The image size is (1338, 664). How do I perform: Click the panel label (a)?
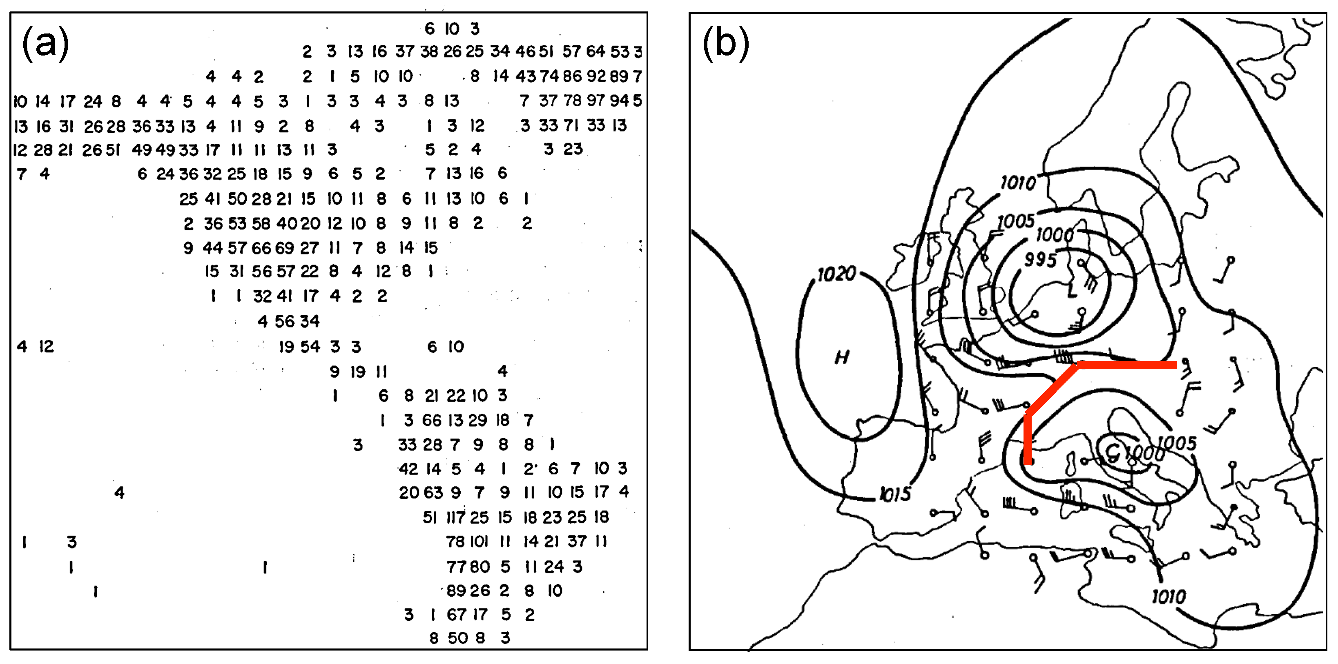pos(45,44)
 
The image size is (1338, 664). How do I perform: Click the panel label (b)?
pos(726,44)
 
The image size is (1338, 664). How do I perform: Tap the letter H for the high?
pos(841,357)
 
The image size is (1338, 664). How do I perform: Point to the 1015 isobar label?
pos(895,494)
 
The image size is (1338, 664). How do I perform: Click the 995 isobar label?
pos(1040,259)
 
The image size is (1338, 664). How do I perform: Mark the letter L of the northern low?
pos(1072,291)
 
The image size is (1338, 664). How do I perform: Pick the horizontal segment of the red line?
pos(1127,365)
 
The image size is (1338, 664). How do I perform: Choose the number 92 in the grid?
pos(596,76)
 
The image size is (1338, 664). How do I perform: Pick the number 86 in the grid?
pos(572,76)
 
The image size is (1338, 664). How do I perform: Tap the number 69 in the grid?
pos(285,248)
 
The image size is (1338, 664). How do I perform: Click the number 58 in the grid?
pos(261,224)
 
